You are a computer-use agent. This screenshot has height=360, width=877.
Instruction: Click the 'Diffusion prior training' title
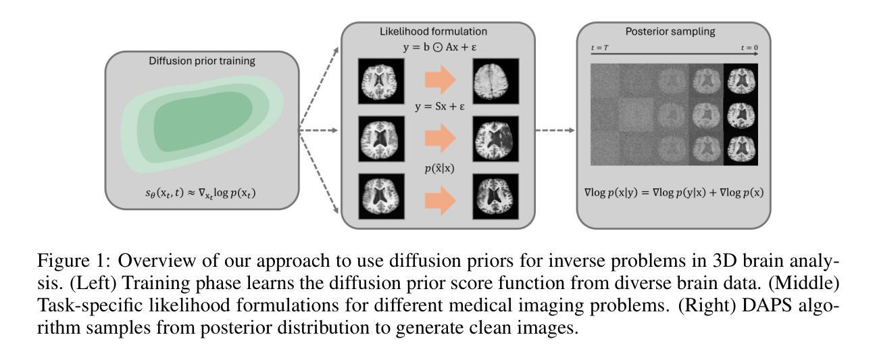click(x=201, y=61)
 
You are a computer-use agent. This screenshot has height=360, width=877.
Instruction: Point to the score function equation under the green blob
click(x=201, y=195)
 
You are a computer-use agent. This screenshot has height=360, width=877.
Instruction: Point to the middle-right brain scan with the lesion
click(x=497, y=138)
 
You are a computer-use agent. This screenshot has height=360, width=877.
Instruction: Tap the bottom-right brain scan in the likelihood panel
click(x=497, y=197)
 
